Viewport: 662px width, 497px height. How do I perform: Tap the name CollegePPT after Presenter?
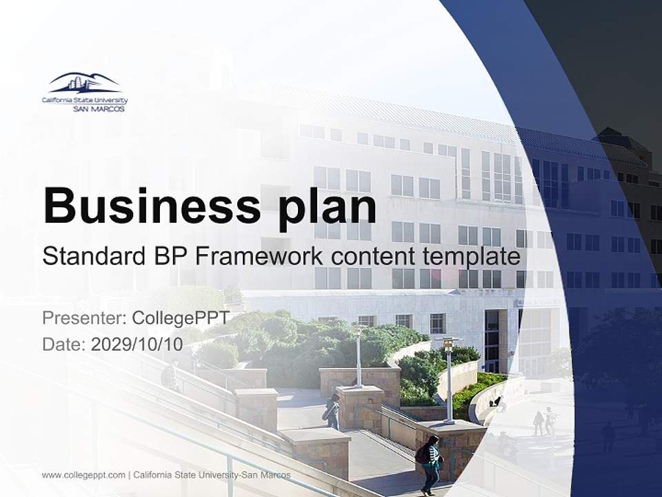click(181, 318)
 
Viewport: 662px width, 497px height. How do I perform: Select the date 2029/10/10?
click(137, 344)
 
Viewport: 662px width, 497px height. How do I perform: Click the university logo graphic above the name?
click(84, 83)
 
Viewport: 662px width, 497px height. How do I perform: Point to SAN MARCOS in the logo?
click(99, 108)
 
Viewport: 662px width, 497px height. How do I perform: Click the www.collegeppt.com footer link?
click(83, 475)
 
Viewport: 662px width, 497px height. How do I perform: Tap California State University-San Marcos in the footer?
click(212, 475)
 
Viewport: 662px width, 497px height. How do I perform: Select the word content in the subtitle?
click(372, 257)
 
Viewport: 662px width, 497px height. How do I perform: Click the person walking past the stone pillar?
click(333, 412)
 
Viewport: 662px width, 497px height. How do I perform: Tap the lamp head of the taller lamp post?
click(449, 342)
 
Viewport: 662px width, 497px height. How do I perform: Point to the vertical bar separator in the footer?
click(130, 475)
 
